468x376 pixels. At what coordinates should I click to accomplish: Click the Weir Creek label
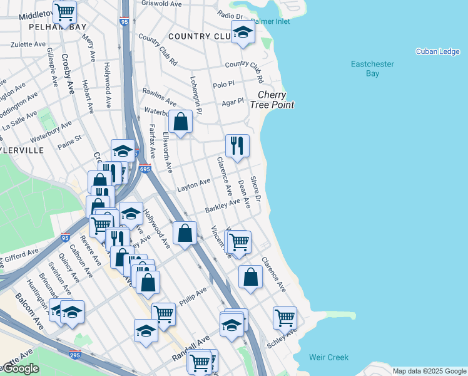(328, 357)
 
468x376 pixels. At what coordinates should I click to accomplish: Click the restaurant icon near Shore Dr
(237, 146)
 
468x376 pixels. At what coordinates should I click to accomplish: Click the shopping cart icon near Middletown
(64, 12)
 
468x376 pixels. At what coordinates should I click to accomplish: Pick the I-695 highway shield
(145, 169)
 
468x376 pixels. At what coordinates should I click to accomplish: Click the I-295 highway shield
(75, 354)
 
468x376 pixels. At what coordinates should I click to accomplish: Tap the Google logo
(20, 368)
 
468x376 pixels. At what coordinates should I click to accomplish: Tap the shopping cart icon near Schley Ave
(285, 317)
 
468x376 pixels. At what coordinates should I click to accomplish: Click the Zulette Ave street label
(28, 45)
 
